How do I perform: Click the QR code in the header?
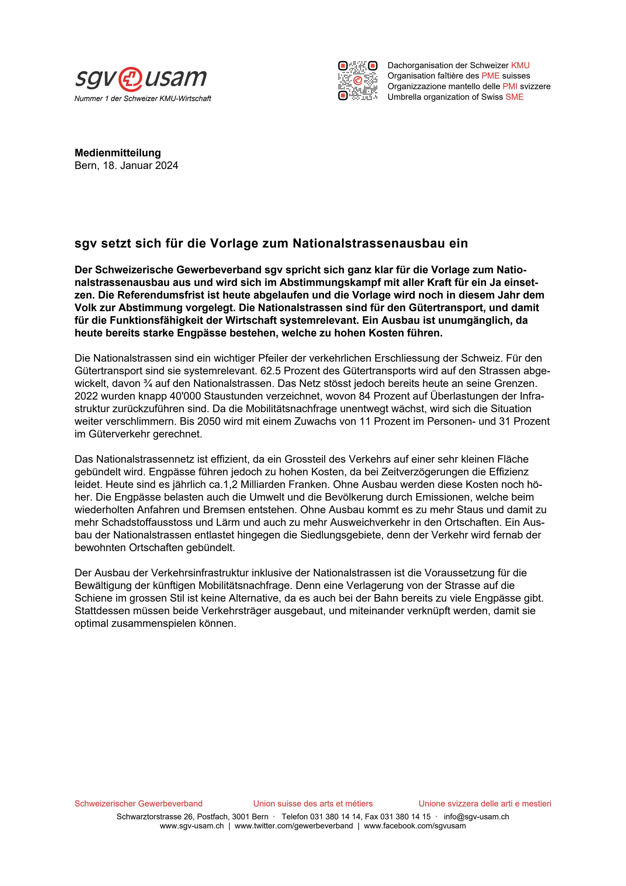click(x=358, y=81)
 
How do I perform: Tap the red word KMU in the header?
click(x=520, y=65)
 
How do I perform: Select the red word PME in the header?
click(x=490, y=76)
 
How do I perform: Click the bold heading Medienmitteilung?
click(x=118, y=153)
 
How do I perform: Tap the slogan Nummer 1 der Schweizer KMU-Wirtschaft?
click(x=143, y=99)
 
